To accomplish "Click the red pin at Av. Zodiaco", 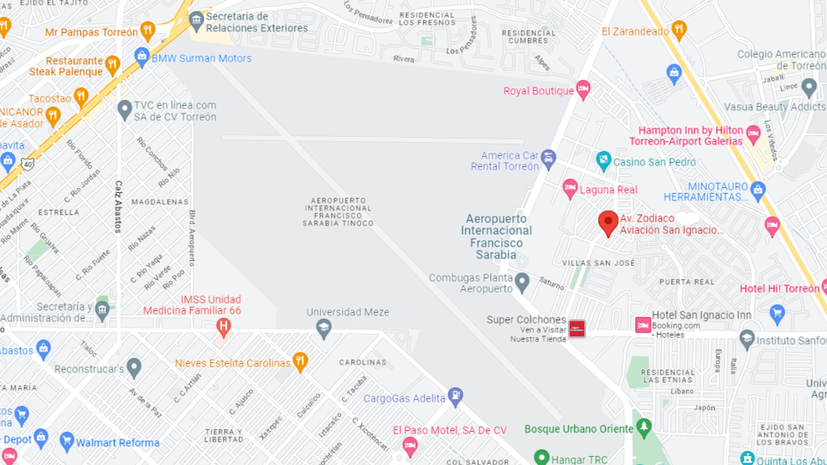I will [x=607, y=223].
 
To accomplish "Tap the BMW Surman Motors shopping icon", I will [x=142, y=57].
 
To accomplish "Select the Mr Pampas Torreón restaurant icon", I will [x=148, y=30].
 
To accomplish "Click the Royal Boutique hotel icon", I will [x=583, y=89].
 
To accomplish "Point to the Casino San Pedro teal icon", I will [x=603, y=161].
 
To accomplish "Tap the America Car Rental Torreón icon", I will [x=549, y=158].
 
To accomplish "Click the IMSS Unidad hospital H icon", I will [x=223, y=326].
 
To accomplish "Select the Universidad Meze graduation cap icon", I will [x=324, y=329].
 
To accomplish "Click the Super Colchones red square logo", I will [x=576, y=328].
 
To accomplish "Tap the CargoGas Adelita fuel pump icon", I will [x=455, y=397].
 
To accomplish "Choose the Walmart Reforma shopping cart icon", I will [x=67, y=441].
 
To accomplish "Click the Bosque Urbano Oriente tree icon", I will [x=644, y=427].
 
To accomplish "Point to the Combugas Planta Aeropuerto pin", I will [x=522, y=282].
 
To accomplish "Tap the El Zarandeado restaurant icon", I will [x=678, y=29].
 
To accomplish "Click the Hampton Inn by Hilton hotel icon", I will [x=753, y=134].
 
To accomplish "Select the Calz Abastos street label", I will [x=118, y=206].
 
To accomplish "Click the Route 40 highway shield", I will [x=26, y=163].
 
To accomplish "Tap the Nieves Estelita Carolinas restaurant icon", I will [x=300, y=362].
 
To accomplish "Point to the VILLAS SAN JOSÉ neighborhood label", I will [x=598, y=263].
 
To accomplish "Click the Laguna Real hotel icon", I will [x=570, y=189].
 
